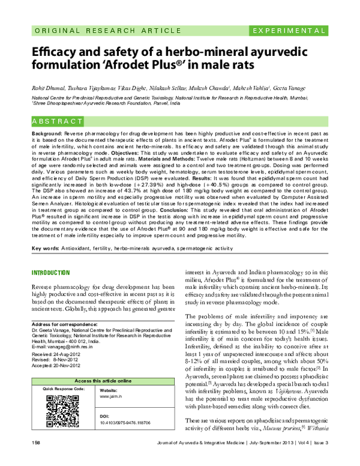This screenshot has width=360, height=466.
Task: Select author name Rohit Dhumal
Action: [48, 88]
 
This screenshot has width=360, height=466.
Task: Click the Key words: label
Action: [46, 247]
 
